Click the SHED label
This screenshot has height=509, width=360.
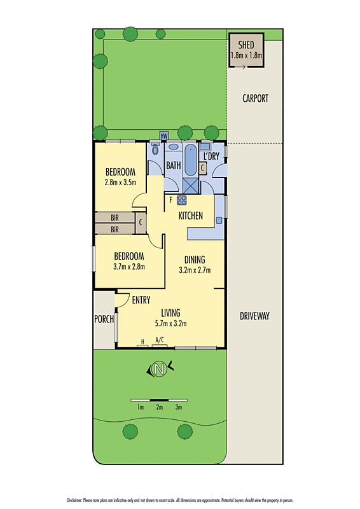pos(246,45)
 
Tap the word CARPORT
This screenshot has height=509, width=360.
pos(255,99)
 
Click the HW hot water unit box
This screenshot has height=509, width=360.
pos(163,136)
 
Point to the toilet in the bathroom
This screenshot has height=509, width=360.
pos(155,150)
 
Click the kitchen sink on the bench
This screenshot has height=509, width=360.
pos(218,220)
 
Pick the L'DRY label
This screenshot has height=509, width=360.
pos(211,156)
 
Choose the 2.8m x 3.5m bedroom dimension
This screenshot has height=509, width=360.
pos(121,182)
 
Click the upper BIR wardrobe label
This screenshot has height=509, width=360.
pos(114,217)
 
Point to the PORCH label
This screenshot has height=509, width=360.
pos(103,319)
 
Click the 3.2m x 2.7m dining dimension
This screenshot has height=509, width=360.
pos(195,270)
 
